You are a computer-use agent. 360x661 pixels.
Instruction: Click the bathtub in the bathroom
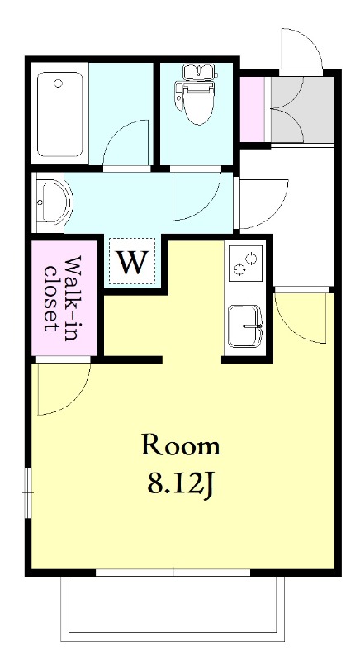pyautogui.click(x=59, y=114)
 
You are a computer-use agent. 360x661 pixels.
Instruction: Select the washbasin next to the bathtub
pyautogui.click(x=53, y=202)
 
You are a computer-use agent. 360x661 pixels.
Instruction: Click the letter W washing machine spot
pyautogui.click(x=133, y=262)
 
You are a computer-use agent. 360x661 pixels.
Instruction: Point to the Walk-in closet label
pyautogui.click(x=64, y=293)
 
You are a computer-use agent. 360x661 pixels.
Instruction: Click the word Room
pyautogui.click(x=181, y=445)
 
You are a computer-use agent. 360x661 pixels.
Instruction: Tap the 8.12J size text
pyautogui.click(x=180, y=485)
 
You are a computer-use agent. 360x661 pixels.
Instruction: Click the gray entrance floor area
pyautogui.click(x=302, y=110)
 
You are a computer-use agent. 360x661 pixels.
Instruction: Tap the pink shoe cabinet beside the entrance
pyautogui.click(x=252, y=110)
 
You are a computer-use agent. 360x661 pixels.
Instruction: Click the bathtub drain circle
pyautogui.click(x=58, y=83)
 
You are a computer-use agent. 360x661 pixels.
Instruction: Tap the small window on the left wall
pyautogui.click(x=28, y=492)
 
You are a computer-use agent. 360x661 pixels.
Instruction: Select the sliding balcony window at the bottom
pyautogui.click(x=173, y=572)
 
